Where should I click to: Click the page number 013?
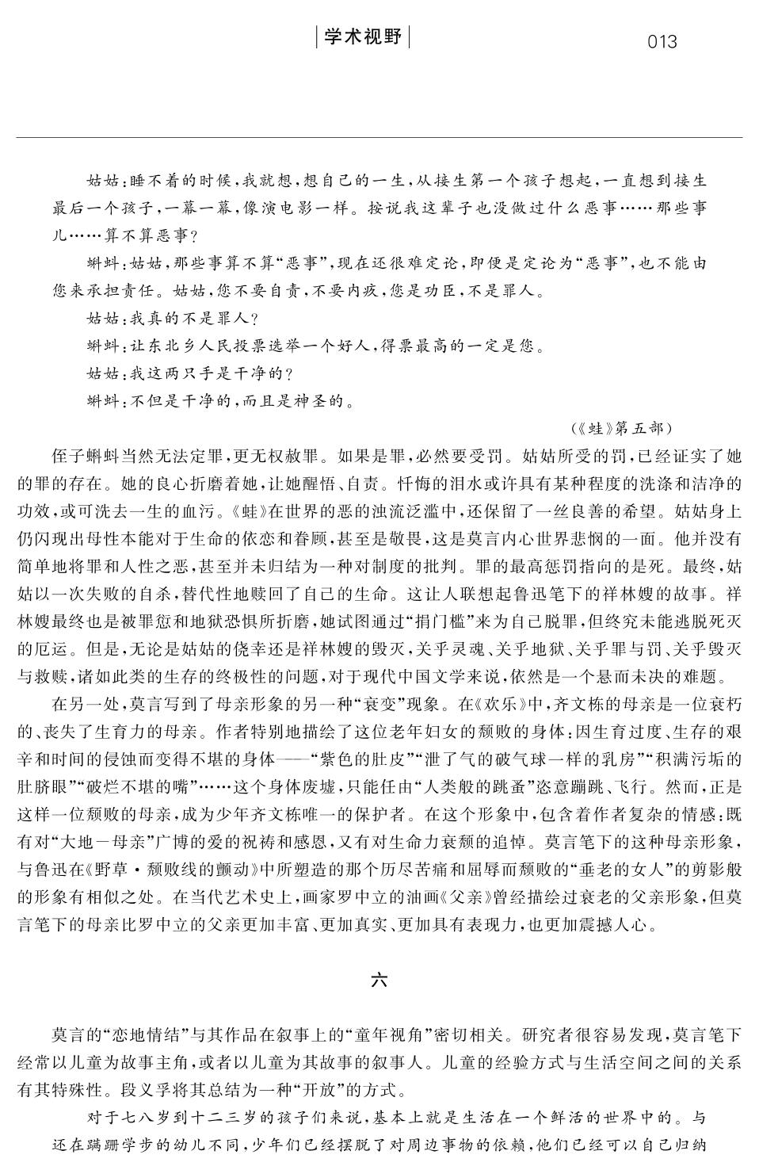click(x=662, y=41)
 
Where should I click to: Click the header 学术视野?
click(x=363, y=37)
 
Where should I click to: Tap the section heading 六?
click(x=379, y=980)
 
